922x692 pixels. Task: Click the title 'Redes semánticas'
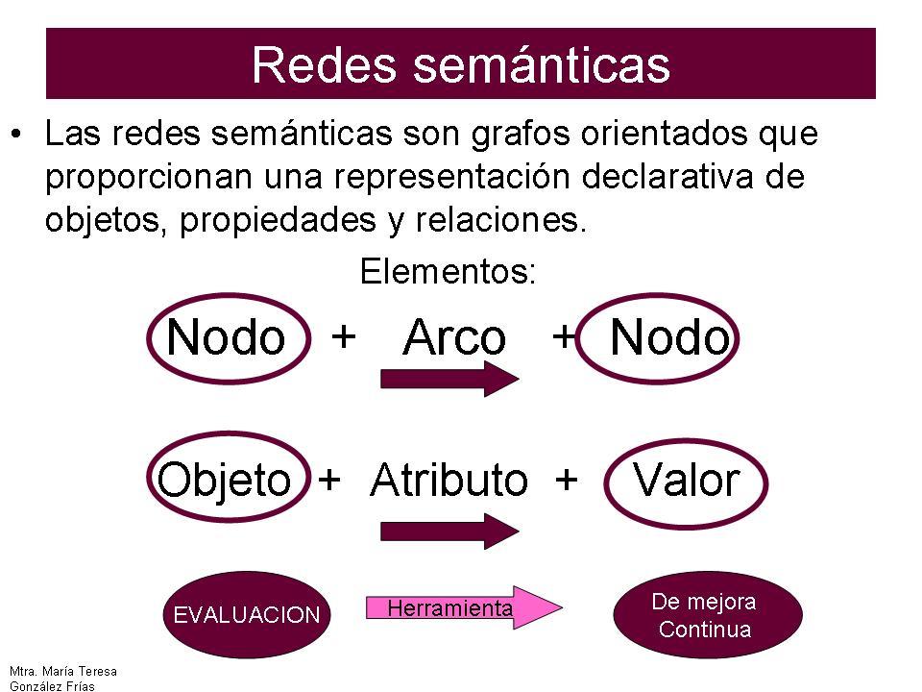pos(461,64)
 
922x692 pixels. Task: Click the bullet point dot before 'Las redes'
pos(16,135)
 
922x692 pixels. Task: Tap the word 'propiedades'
pos(278,221)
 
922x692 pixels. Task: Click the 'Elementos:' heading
pos(449,271)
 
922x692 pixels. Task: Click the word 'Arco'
pos(454,337)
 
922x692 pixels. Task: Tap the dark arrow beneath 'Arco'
pos(449,379)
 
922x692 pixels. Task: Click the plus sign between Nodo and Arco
pos(344,337)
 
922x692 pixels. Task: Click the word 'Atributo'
pos(449,481)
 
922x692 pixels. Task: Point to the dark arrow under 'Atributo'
pos(449,531)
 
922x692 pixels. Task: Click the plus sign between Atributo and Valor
pos(566,480)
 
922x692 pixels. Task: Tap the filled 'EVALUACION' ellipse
pos(247,614)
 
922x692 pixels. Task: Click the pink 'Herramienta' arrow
pos(464,607)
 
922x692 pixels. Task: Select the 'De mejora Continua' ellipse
pos(708,615)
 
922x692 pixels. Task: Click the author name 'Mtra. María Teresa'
pos(63,672)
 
